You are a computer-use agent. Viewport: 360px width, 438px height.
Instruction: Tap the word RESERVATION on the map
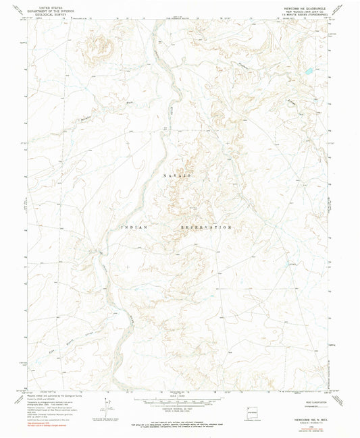[206, 227]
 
